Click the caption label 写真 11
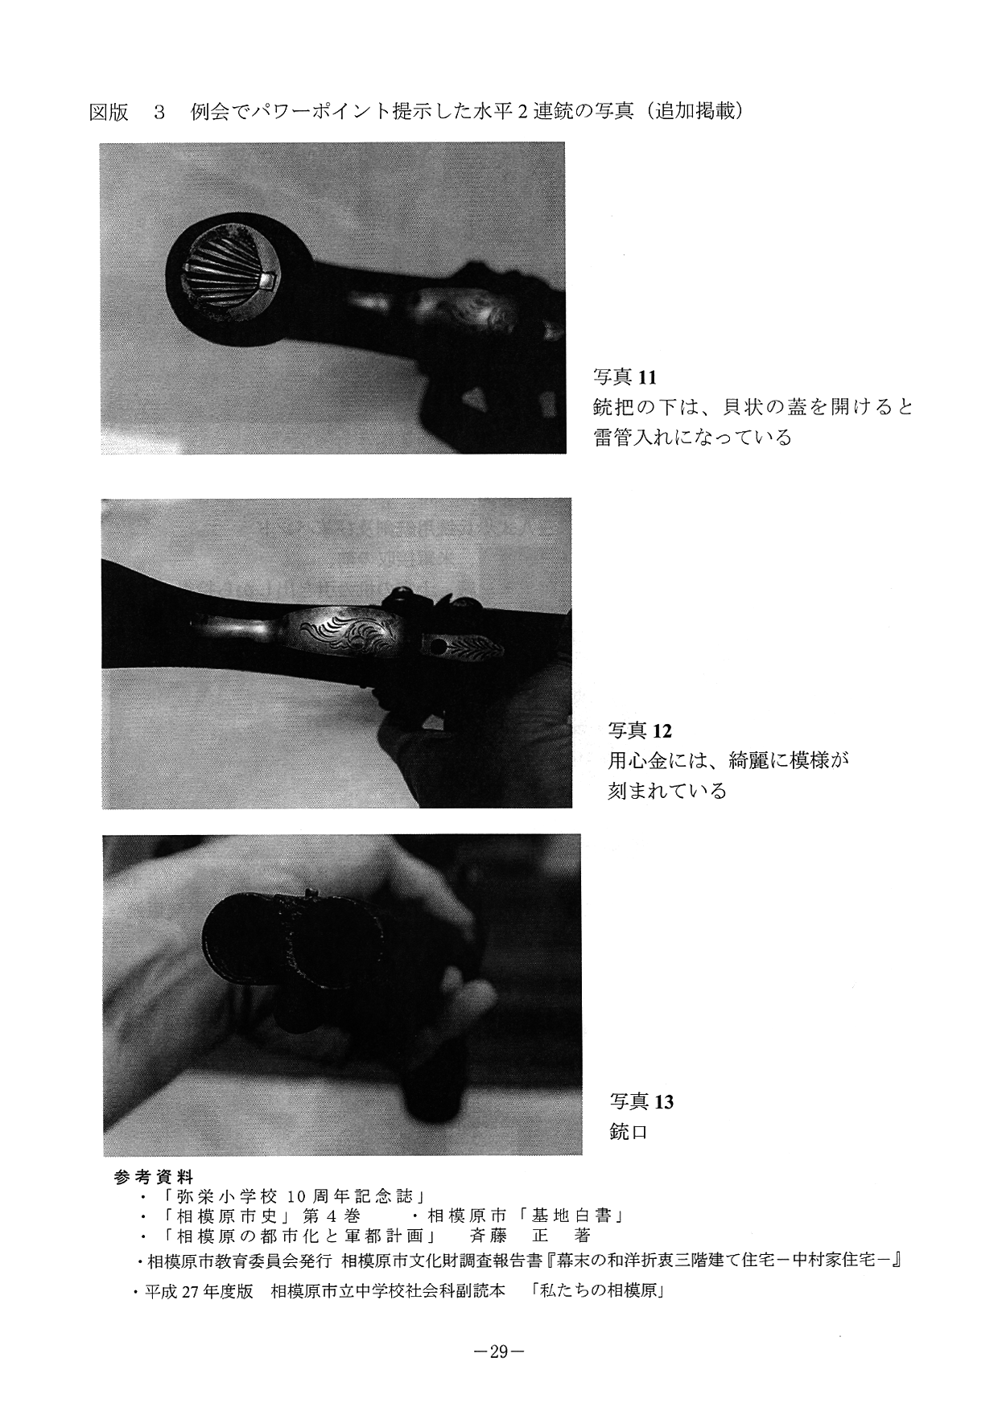pyautogui.click(x=625, y=376)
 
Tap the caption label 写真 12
pyautogui.click(x=640, y=730)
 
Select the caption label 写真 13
pyautogui.click(x=641, y=1101)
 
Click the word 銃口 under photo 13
pyautogui.click(x=629, y=1133)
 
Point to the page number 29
pyautogui.click(x=498, y=1352)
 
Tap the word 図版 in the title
pyautogui.click(x=109, y=112)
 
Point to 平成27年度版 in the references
pyautogui.click(x=200, y=1293)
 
